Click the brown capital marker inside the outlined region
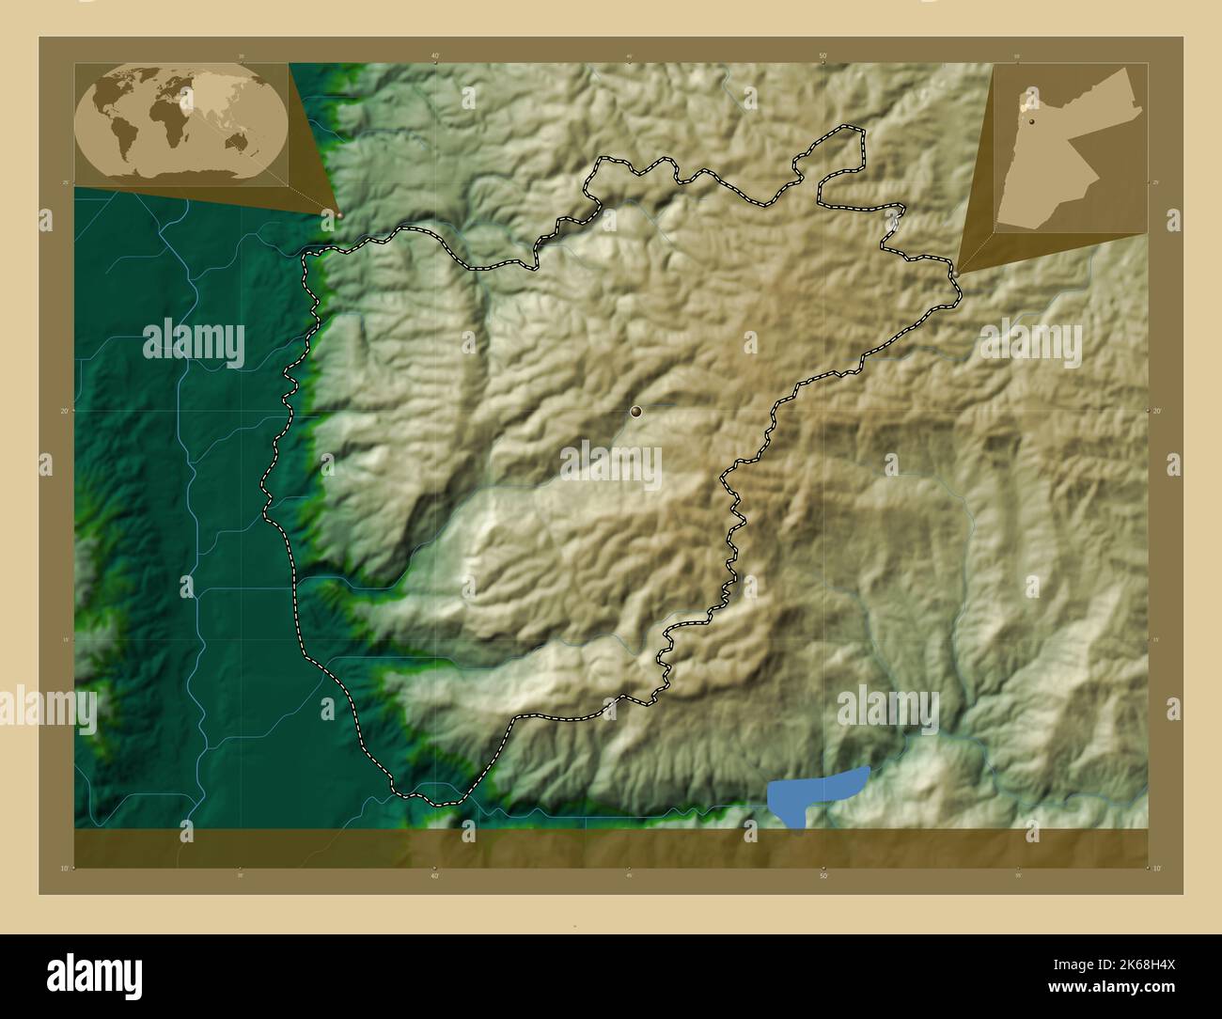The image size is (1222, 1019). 636,411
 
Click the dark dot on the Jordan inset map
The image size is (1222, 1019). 1032,121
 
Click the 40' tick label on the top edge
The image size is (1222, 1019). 435,56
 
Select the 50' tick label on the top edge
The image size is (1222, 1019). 822,56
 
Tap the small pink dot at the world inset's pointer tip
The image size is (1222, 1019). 339,214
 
